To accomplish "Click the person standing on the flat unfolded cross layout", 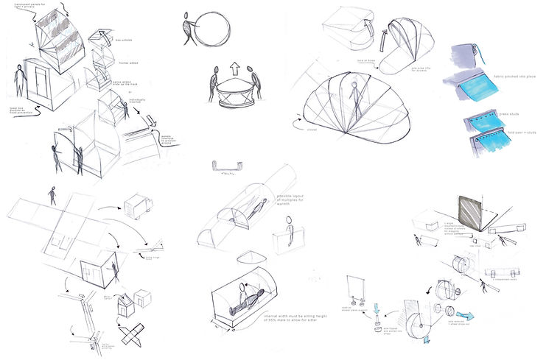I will [52, 195].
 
